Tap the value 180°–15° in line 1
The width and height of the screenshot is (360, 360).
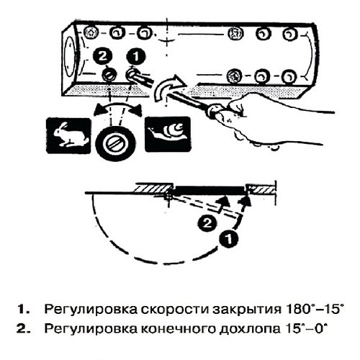pos(308,310)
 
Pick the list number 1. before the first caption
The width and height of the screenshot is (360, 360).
pos(25,310)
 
